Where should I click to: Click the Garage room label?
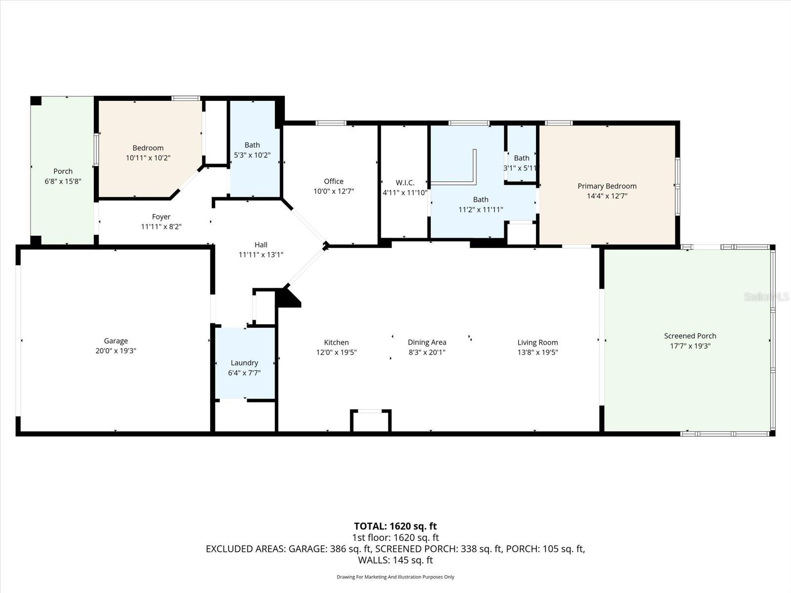[x=116, y=341]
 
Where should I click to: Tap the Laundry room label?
[x=244, y=363]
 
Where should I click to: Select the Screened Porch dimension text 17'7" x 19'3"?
[x=690, y=346]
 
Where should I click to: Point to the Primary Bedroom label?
[x=607, y=186]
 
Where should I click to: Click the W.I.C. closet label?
[x=405, y=183]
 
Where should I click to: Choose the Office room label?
[x=334, y=181]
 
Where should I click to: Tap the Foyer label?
[x=161, y=217]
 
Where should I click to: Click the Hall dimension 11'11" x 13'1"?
[x=261, y=255]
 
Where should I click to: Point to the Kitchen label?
[x=336, y=342]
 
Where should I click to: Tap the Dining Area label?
[x=427, y=342]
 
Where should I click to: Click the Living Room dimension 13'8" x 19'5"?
[x=537, y=352]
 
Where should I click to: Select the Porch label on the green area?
[x=63, y=171]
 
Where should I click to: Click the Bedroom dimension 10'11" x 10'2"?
[x=148, y=158]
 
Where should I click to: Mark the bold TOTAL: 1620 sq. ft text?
[x=395, y=526]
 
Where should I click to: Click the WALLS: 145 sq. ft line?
[x=395, y=560]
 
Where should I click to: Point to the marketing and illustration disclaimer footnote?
[x=395, y=577]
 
